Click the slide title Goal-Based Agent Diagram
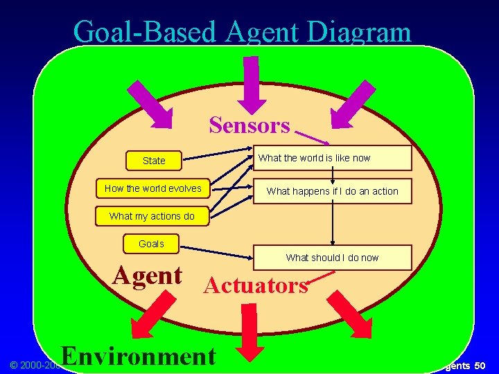242,31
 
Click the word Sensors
249,125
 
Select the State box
154,161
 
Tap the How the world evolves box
153,188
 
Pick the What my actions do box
152,216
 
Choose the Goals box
151,244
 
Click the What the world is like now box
333,158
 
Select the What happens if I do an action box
333,191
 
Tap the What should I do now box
333,258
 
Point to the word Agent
148,276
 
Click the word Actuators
256,285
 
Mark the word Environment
139,356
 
